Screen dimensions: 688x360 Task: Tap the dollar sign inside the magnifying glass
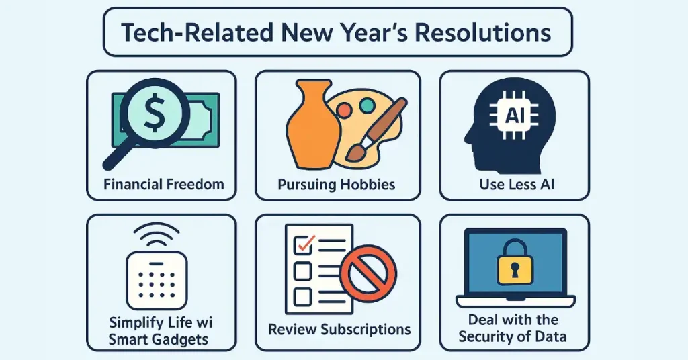coord(155,113)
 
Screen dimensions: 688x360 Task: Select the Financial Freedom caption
coord(164,184)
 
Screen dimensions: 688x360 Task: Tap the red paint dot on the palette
coord(344,110)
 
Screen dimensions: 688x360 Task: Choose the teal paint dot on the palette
coord(367,105)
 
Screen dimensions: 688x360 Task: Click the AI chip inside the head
coord(514,116)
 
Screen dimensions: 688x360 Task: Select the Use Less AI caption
coord(517,184)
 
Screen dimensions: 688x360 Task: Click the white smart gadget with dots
coord(157,280)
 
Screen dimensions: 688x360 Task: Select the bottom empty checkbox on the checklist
coord(302,297)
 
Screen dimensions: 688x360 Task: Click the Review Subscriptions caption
coord(339,329)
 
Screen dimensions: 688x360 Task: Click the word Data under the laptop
coord(551,336)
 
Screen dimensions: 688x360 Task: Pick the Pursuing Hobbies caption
coord(337,185)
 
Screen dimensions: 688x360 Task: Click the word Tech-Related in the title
coord(197,32)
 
